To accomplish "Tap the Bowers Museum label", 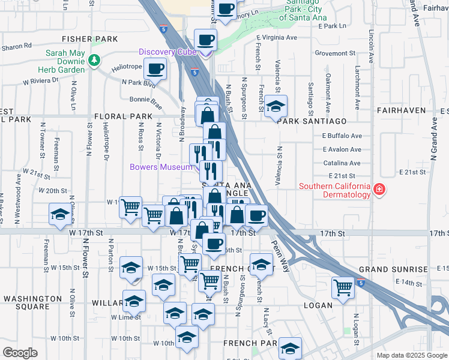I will (161, 166).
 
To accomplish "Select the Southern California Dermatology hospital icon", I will (379, 190).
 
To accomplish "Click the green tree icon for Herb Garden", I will (94, 60).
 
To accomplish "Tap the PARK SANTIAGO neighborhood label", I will (304, 121).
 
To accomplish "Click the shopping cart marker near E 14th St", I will (343, 287).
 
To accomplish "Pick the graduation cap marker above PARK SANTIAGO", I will (276, 106).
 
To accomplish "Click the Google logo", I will (20, 353).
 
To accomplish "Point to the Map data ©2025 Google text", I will (411, 355).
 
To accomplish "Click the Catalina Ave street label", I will (342, 163).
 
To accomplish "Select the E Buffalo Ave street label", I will (342, 136).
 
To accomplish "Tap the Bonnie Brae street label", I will (142, 99).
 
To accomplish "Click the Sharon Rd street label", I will (16, 46).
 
